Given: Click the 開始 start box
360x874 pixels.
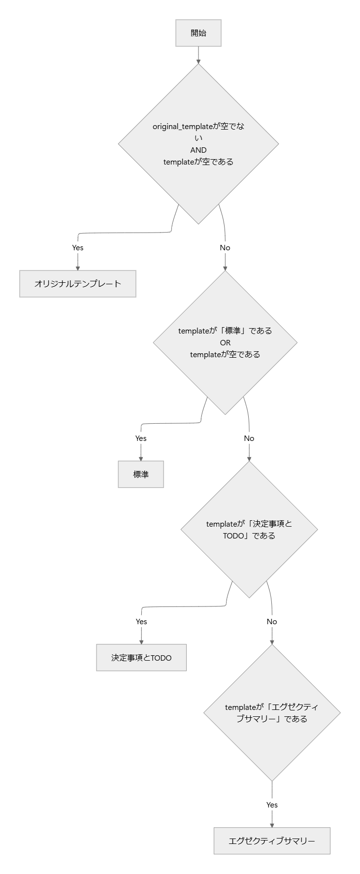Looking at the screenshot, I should [198, 33].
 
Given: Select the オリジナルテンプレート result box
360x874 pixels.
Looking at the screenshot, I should [78, 284].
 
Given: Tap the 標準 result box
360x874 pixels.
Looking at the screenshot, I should [141, 474].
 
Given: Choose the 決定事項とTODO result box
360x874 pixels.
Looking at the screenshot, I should [141, 658].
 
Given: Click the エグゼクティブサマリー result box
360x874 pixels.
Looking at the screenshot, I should [272, 841].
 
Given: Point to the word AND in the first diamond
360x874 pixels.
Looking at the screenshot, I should [198, 150].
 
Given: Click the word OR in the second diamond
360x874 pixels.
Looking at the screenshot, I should [225, 342].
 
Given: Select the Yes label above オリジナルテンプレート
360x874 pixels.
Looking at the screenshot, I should [78, 247].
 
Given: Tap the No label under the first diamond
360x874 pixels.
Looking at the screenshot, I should [225, 247].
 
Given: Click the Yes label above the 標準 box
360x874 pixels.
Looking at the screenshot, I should [141, 438].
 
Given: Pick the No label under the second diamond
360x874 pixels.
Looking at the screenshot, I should [249, 438].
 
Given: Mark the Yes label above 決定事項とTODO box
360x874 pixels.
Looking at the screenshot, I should [141, 621].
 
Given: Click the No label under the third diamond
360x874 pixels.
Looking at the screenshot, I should [272, 621].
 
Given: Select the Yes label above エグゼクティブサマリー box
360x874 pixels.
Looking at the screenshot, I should [272, 805].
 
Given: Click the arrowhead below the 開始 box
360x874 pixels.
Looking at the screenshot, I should [198, 62].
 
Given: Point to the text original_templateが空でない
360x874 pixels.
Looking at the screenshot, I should [198, 127].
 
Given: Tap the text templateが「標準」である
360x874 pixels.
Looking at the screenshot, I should [225, 331].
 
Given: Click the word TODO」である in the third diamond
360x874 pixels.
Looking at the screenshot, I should [249, 536].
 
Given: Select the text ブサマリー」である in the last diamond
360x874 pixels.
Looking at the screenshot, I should [272, 719].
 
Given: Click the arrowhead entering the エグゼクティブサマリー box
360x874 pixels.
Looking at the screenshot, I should [272, 825].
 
